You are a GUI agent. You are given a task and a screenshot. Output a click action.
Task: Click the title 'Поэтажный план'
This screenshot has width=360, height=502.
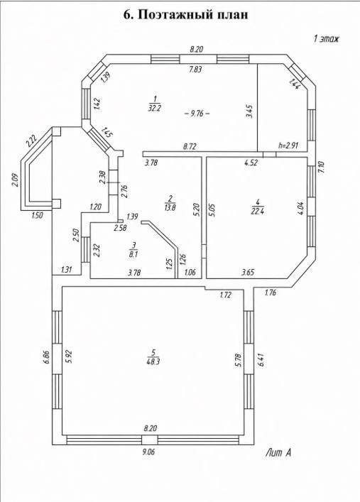pyautogui.click(x=193, y=15)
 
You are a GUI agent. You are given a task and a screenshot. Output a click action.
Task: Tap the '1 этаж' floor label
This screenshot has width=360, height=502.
pyautogui.click(x=326, y=39)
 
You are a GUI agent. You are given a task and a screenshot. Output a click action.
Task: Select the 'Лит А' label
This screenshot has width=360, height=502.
pyautogui.click(x=278, y=453)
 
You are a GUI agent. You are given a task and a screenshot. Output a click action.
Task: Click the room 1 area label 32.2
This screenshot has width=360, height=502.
pyautogui.click(x=154, y=108)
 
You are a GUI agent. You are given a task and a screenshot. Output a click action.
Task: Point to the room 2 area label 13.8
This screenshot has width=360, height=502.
pyautogui.click(x=170, y=207)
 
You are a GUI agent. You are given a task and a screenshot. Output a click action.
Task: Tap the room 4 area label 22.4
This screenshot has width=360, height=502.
pyautogui.click(x=257, y=211)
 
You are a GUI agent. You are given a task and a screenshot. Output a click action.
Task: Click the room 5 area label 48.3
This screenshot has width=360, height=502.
pyautogui.click(x=154, y=361)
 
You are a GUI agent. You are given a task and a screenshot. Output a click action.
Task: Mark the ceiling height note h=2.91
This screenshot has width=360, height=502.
pyautogui.click(x=288, y=146)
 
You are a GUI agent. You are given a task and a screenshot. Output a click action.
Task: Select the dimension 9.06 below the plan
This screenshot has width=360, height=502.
pyautogui.click(x=149, y=452)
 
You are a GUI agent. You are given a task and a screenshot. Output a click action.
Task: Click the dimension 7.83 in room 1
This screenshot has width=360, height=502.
pyautogui.click(x=195, y=69)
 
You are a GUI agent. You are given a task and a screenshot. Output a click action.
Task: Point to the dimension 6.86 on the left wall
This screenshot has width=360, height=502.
pyautogui.click(x=47, y=357)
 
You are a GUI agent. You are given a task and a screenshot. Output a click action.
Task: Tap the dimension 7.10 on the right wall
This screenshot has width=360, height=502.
pyautogui.click(x=322, y=167)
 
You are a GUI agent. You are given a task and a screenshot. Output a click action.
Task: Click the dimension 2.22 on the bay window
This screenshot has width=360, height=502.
pyautogui.click(x=31, y=140)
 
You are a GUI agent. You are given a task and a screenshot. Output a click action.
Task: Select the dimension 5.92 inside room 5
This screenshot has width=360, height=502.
pyautogui.click(x=69, y=357)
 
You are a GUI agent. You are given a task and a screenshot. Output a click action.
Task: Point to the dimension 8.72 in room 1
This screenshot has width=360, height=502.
pyautogui.click(x=190, y=146)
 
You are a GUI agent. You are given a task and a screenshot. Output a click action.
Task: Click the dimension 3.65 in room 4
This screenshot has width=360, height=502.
pyautogui.click(x=248, y=273)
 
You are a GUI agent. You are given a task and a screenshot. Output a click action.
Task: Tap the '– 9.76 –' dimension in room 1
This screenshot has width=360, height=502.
pyautogui.click(x=197, y=114)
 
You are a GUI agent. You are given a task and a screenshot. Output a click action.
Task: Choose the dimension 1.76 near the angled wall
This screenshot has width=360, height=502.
pyautogui.click(x=271, y=292)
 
